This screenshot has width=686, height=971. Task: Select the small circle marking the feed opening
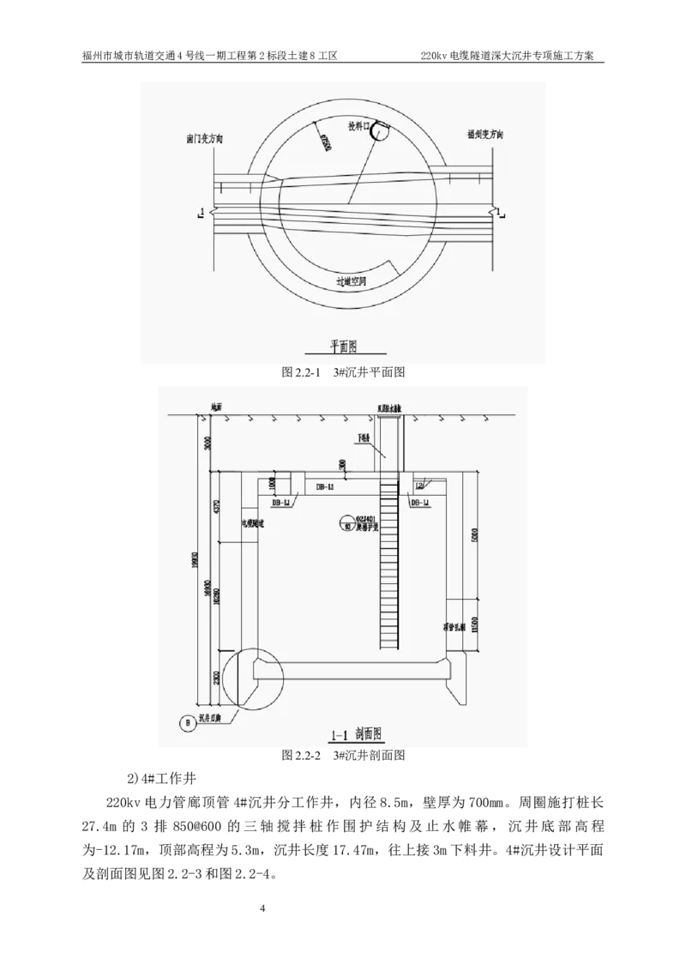point(380,130)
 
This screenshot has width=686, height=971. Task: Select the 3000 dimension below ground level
point(206,443)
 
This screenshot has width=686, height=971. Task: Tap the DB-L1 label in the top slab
point(325,486)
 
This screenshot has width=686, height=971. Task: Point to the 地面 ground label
point(217,409)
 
